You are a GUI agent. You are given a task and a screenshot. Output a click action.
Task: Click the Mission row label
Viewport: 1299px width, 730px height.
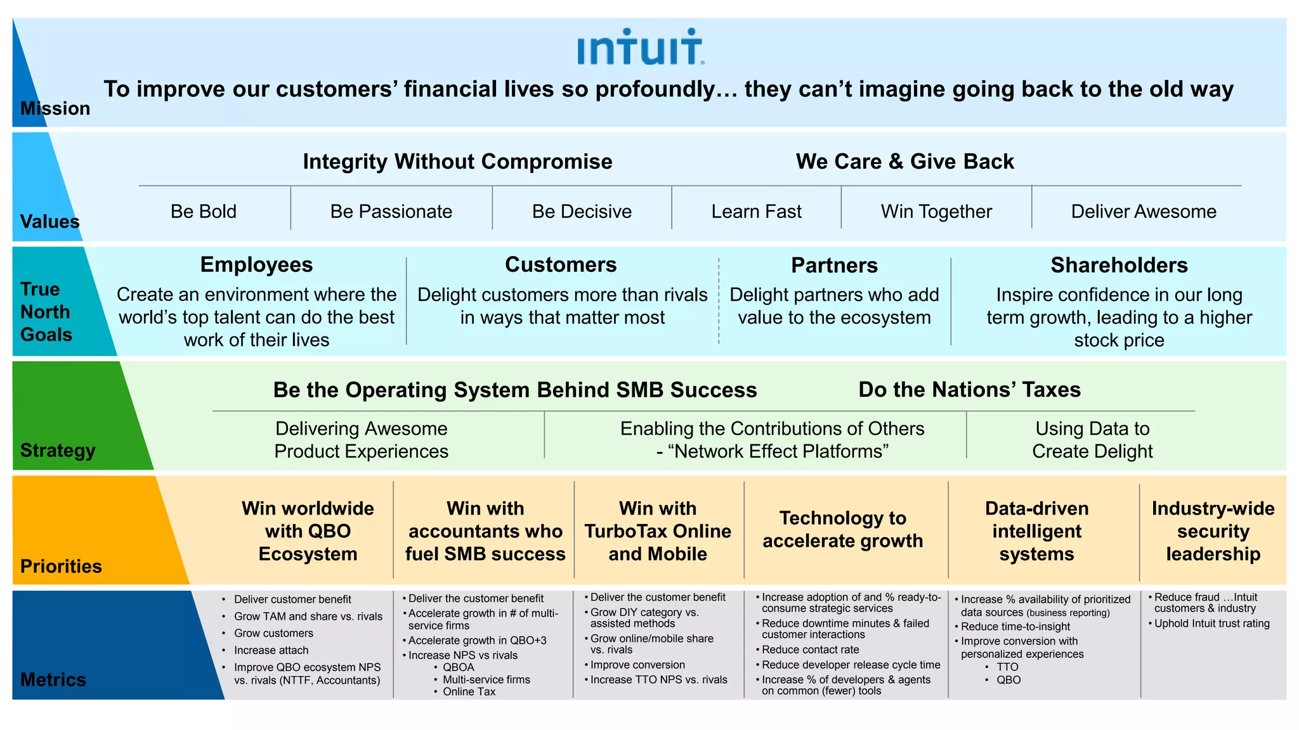click(x=55, y=108)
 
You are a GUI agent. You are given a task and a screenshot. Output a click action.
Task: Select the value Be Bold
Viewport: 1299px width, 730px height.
click(x=203, y=212)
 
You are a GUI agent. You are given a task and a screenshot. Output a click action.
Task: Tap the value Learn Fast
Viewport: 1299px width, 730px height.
click(x=756, y=212)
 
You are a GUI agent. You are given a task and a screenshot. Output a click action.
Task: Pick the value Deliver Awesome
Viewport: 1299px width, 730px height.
click(x=1143, y=212)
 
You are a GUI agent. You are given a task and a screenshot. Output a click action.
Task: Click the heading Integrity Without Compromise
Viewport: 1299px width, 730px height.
click(x=457, y=162)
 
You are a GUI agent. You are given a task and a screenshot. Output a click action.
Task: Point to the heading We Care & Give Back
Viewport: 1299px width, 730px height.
click(x=904, y=162)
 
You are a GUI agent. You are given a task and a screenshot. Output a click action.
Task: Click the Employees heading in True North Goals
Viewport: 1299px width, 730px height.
click(x=256, y=265)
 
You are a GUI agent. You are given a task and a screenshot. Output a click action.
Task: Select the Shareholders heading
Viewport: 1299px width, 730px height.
click(x=1119, y=266)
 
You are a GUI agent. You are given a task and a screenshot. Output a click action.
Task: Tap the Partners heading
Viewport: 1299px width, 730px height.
click(x=834, y=266)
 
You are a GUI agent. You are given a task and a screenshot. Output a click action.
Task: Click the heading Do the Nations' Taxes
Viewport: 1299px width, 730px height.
click(x=969, y=390)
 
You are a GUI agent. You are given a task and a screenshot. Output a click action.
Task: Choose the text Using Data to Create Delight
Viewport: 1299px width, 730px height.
click(x=1092, y=440)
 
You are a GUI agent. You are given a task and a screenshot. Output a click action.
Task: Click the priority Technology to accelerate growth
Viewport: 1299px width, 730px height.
click(x=842, y=529)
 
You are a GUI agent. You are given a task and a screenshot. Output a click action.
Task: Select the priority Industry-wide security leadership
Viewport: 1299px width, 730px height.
click(x=1213, y=531)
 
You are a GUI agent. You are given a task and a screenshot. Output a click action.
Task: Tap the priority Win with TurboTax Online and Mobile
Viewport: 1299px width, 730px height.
click(x=658, y=531)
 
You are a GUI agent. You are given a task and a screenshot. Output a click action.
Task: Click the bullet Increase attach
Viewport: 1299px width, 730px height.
click(x=271, y=650)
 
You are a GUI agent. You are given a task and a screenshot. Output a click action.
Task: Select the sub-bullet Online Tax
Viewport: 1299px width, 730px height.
click(x=469, y=691)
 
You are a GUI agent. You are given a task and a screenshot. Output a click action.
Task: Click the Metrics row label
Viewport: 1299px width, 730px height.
click(x=53, y=680)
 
